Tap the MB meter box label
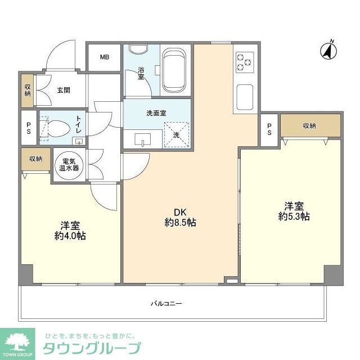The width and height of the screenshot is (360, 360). point(104,57)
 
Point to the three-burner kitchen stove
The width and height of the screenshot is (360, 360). point(244,62)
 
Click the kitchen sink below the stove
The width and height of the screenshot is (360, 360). point(245,97)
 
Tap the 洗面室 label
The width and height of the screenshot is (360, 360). point(156,112)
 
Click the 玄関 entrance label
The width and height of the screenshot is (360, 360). point(63,89)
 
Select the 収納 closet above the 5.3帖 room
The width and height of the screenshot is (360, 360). point(310,126)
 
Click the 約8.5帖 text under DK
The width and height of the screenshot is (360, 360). point(180,223)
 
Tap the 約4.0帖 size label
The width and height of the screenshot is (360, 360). point(70,236)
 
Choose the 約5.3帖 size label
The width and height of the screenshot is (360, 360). point(294,217)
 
